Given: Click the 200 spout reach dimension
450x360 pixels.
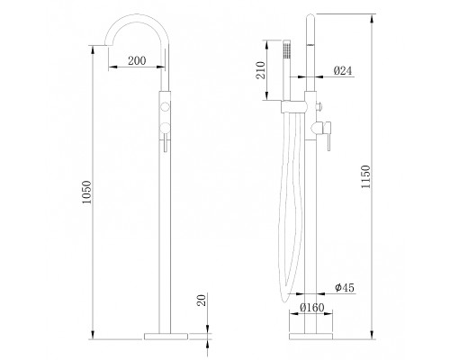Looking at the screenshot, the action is click(x=137, y=60).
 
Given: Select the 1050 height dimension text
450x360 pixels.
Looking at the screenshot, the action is click(x=86, y=193).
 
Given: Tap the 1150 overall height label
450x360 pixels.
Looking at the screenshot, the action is click(x=365, y=176).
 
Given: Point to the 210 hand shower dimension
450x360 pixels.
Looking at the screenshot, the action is click(x=260, y=70).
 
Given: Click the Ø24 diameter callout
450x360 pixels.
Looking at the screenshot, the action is click(x=343, y=71).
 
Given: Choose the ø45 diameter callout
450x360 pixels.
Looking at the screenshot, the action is click(x=345, y=288).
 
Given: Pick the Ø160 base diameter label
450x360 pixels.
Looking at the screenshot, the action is click(x=312, y=308).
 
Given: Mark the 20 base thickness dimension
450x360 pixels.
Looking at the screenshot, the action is click(x=202, y=300).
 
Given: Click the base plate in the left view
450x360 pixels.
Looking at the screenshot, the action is click(x=166, y=337).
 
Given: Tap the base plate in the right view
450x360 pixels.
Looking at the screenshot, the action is click(x=310, y=337).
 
